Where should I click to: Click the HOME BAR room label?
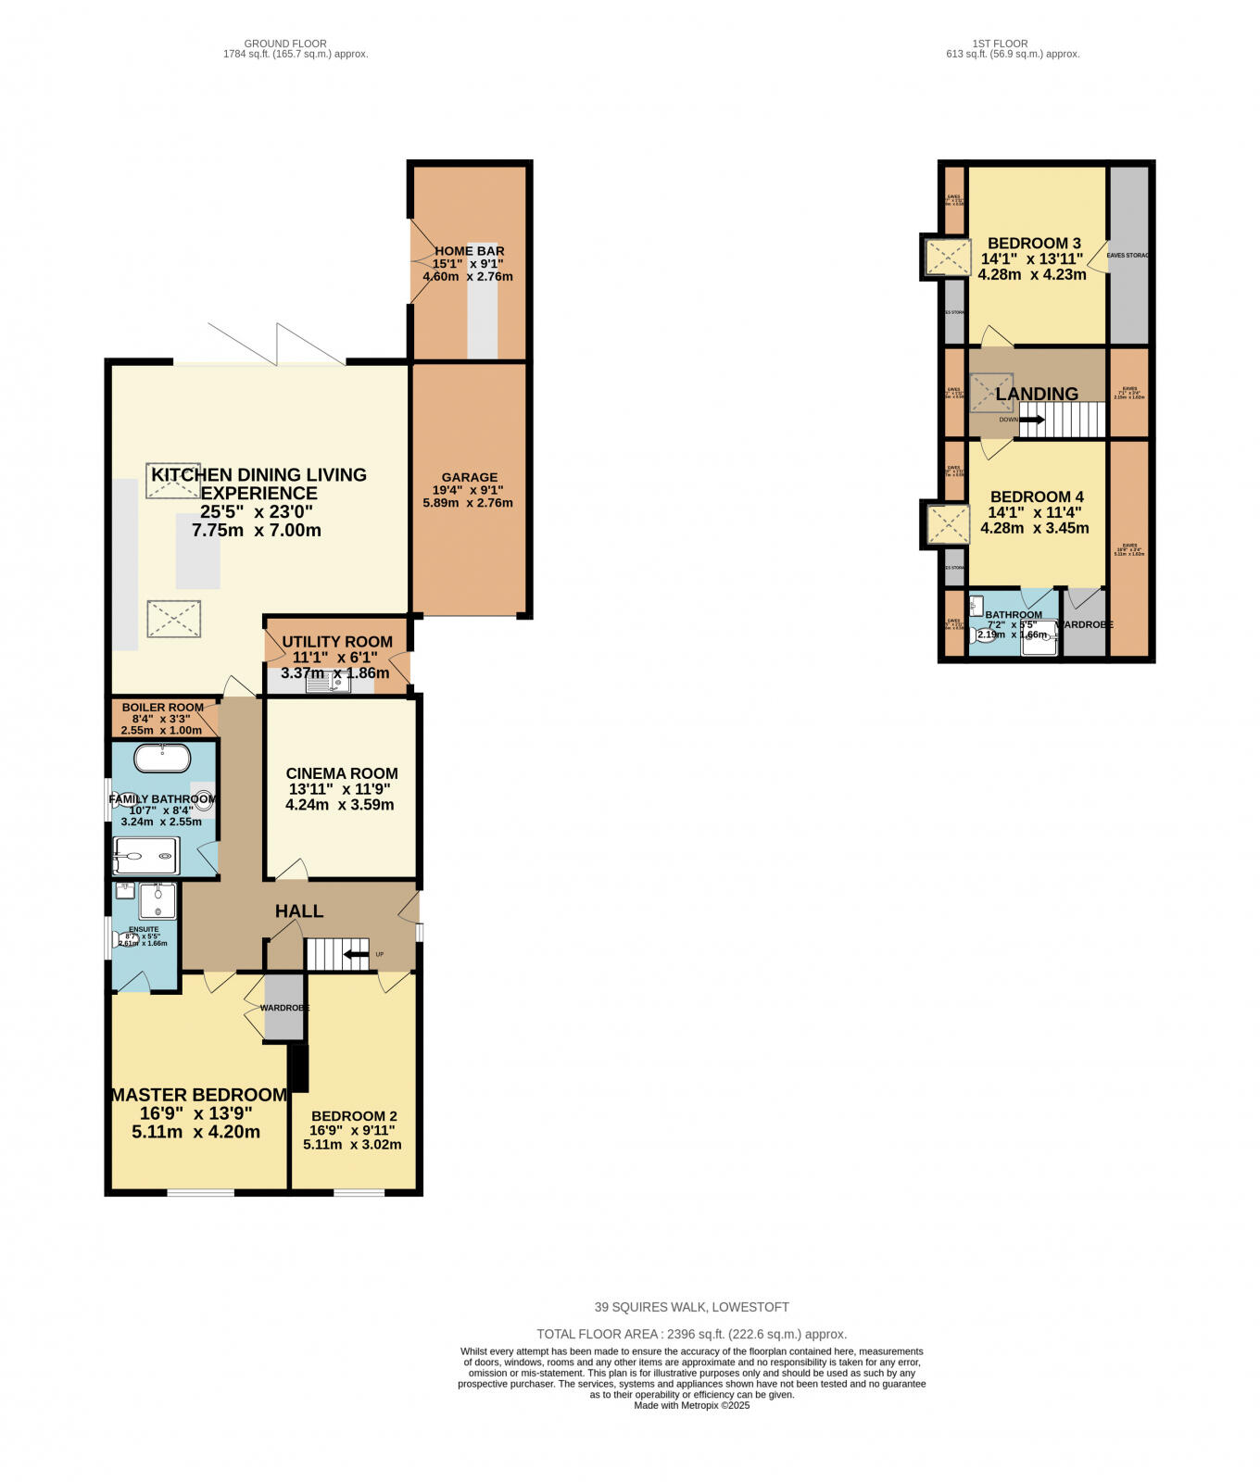469,251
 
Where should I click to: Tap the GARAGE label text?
470,477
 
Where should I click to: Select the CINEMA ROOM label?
342,773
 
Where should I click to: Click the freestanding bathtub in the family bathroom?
163,759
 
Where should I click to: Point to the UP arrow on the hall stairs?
355,954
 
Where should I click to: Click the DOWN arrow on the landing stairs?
1031,420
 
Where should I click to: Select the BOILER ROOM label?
162,708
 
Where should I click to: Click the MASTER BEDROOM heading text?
198,1095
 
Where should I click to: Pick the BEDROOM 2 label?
354,1116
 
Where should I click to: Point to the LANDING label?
1037,394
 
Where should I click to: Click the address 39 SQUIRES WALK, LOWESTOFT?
691,1307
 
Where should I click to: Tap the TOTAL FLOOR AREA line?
691,1334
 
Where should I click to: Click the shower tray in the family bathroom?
145,856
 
